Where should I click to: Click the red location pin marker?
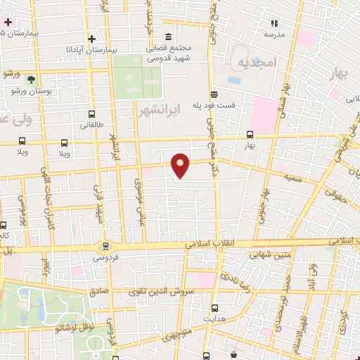click(181, 165)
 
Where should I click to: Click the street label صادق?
click(97, 290)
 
